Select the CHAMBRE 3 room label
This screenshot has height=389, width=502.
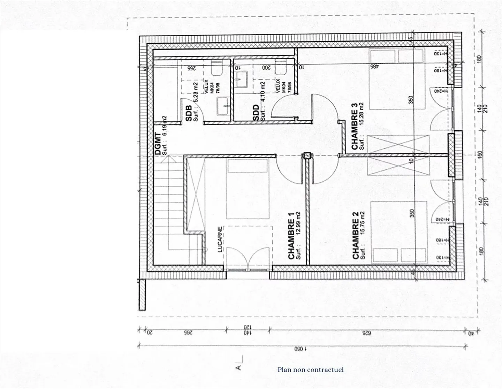click(x=355, y=129)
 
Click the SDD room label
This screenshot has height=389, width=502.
click(x=256, y=113)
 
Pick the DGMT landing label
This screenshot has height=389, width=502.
click(x=158, y=144)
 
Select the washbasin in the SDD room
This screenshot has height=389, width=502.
click(x=240, y=80)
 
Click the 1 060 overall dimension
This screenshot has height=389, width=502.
click(x=299, y=348)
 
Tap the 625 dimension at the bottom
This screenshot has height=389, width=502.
click(x=365, y=333)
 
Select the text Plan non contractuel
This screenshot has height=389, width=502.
click(x=310, y=369)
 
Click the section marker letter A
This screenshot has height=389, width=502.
click(x=238, y=367)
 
